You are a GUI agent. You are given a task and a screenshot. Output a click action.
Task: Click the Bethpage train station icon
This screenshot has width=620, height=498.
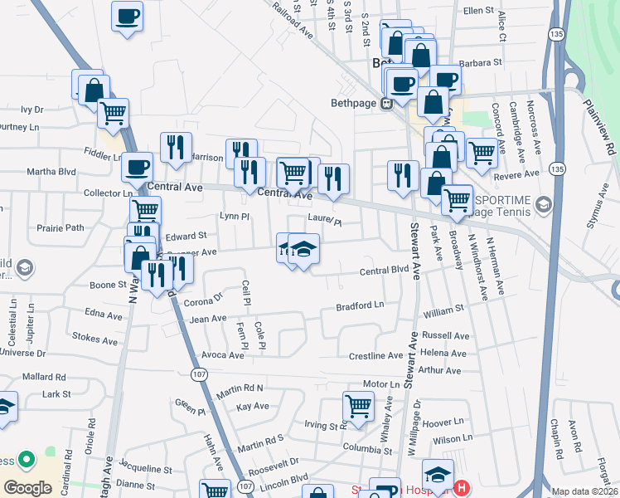pos(385,104)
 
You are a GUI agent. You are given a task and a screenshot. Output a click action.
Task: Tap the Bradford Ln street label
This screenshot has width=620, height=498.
pos(360,306)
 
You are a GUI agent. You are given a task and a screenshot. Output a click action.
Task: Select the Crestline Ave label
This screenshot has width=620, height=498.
pos(375,356)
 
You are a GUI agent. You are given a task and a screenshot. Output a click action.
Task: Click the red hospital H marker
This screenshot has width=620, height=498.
pos(463,488)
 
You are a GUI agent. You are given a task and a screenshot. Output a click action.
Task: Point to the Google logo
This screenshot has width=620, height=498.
pos(27,488)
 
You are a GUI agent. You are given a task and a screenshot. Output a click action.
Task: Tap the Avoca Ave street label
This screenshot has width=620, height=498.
pos(223,355)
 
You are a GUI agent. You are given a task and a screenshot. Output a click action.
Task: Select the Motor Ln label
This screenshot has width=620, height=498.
pos(381,384)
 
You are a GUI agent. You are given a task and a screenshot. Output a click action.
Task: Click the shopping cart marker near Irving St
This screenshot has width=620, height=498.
pos(357,407)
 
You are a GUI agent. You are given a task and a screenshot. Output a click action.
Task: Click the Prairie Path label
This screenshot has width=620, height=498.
pos(60,227)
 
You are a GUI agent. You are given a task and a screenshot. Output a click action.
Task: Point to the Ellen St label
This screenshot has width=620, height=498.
pos(478,11)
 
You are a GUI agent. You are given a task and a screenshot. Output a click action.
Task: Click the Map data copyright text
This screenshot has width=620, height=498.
pos(584,491)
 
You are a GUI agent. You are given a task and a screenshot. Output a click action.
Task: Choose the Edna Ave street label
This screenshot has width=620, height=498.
pos(104,315)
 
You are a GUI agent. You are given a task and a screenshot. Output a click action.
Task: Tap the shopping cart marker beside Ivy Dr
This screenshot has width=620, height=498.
pos(113,112)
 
